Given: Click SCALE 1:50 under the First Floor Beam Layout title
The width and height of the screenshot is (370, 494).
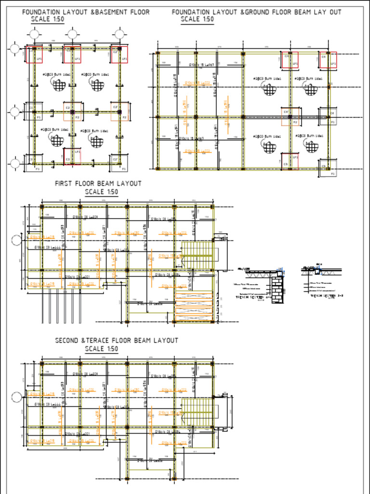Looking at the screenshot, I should [101, 192].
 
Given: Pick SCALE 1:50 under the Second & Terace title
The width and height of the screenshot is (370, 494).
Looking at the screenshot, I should [101, 349].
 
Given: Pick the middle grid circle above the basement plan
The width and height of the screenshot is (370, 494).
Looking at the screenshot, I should [72, 34].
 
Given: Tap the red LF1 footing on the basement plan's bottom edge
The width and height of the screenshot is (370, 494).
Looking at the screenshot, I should [72, 156].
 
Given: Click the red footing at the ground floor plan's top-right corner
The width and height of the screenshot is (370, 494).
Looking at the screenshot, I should [328, 60].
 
